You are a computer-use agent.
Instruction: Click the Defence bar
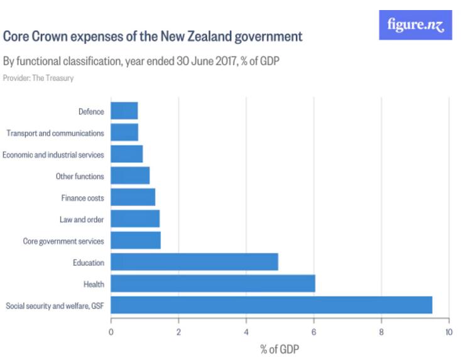(124, 111)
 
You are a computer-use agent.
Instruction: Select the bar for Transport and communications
(124, 133)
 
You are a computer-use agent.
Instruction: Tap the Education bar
(194, 262)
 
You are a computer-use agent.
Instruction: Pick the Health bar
(213, 284)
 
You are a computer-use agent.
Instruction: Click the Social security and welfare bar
(271, 305)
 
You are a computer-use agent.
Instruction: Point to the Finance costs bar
(133, 197)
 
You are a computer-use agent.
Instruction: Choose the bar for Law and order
(135, 219)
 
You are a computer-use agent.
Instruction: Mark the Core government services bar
(136, 241)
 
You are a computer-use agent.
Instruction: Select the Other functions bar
(130, 176)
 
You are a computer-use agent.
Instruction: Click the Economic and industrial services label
(53, 155)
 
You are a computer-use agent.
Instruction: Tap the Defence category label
(91, 112)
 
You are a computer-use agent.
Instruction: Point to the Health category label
(94, 285)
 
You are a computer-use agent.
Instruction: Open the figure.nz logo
(415, 25)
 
